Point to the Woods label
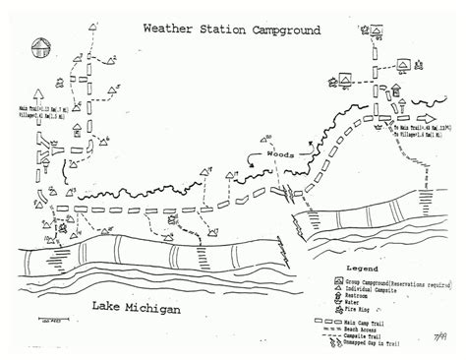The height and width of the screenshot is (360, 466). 276,155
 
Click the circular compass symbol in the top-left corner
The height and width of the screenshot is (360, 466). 41,45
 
